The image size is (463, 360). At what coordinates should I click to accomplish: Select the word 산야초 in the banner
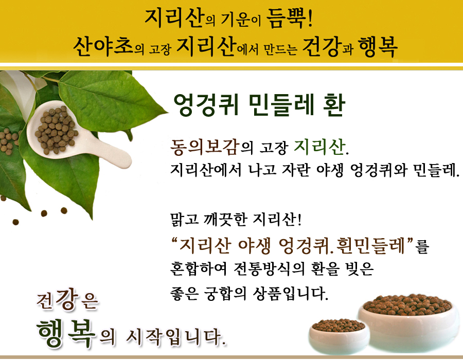103,47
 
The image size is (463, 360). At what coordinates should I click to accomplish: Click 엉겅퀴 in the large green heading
206,105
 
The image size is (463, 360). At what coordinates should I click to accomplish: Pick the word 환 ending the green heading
334,105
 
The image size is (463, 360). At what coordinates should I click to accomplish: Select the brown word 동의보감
204,147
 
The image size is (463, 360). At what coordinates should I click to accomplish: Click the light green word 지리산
319,147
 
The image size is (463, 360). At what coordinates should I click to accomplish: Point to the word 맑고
184,219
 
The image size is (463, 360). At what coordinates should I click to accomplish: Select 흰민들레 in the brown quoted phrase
370,245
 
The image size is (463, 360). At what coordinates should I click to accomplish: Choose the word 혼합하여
199,268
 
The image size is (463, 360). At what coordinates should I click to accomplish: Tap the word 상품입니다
290,294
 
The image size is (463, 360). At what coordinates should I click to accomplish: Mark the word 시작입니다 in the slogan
176,337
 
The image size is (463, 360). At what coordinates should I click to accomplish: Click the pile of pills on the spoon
56,130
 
